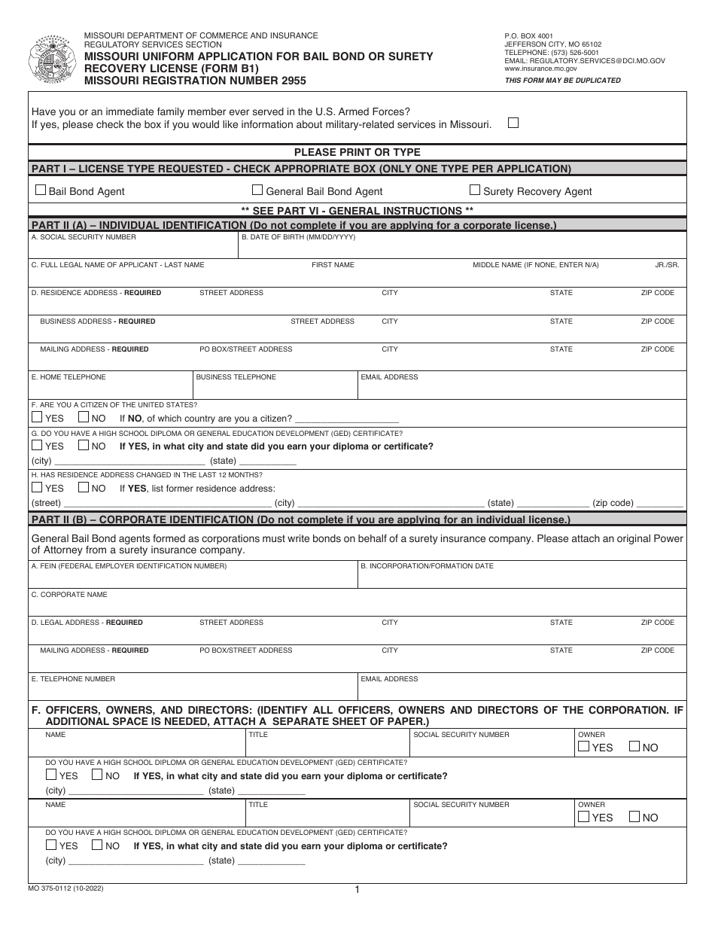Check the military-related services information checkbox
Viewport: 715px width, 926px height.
pyautogui.click(x=513, y=123)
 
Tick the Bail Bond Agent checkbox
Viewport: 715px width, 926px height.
pyautogui.click(x=41, y=190)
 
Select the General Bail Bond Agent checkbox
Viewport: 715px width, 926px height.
pyautogui.click(x=257, y=190)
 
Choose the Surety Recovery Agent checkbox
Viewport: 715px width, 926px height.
pyautogui.click(x=475, y=190)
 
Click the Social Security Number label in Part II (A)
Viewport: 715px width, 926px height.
pyautogui.click(x=84, y=237)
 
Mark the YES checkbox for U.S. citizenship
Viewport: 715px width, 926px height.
pyautogui.click(x=37, y=418)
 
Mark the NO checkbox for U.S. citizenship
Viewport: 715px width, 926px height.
pyautogui.click(x=84, y=418)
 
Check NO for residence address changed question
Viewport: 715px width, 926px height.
pyautogui.click(x=84, y=488)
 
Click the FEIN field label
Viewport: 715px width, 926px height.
pyautogui.click(x=129, y=566)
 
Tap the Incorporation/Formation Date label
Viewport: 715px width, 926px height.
pyautogui.click(x=427, y=566)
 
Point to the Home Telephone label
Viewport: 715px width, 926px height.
pyautogui.click(x=68, y=377)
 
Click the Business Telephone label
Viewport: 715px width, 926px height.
pyautogui.click(x=236, y=377)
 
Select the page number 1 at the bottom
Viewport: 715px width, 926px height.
pyautogui.click(x=357, y=890)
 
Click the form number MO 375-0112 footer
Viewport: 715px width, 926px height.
pyautogui.click(x=66, y=888)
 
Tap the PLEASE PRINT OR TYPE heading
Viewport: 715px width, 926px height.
pyautogui.click(x=357, y=152)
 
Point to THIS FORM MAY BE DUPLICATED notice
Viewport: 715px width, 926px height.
pyautogui.click(x=562, y=81)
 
